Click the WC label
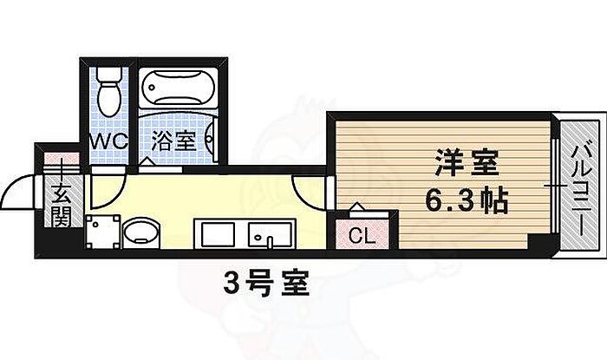(x=108, y=141)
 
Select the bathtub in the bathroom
(x=178, y=88)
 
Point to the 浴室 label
(x=173, y=141)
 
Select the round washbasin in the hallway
(x=140, y=232)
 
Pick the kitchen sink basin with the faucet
(x=270, y=234)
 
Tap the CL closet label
(x=362, y=235)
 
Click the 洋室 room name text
(x=467, y=163)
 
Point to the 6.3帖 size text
(x=467, y=200)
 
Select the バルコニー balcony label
(x=581, y=190)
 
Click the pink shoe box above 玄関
(x=62, y=158)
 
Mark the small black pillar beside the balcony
(x=539, y=242)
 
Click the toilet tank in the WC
(x=109, y=74)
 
